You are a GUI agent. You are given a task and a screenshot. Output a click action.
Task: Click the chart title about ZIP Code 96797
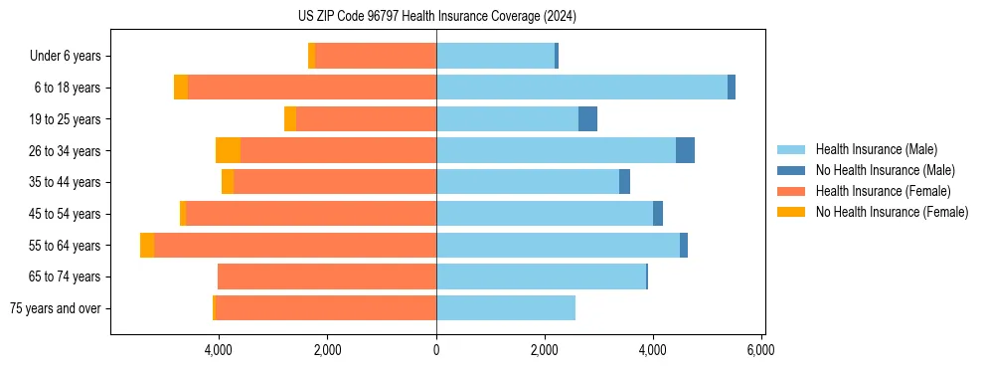click(x=436, y=17)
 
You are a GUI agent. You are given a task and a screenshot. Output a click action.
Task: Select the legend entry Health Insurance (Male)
click(x=876, y=149)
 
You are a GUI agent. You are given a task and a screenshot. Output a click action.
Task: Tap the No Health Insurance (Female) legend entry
click(x=892, y=212)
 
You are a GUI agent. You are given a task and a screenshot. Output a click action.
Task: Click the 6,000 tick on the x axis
click(x=760, y=350)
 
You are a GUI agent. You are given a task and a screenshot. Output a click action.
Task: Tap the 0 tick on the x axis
click(x=436, y=350)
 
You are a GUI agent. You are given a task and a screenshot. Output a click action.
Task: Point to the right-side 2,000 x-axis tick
click(x=544, y=350)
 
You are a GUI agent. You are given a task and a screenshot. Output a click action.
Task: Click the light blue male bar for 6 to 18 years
click(x=581, y=88)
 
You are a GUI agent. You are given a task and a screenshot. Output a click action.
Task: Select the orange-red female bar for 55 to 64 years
click(x=295, y=246)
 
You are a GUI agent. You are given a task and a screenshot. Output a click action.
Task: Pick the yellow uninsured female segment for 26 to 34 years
click(x=228, y=151)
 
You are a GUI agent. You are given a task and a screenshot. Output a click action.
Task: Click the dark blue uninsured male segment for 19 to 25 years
click(x=587, y=119)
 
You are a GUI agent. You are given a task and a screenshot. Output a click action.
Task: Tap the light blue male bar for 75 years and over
click(x=505, y=308)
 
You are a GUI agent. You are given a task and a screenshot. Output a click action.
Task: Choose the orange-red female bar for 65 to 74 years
click(x=327, y=276)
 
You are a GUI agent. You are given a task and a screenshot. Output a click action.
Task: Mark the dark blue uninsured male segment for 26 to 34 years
click(x=685, y=151)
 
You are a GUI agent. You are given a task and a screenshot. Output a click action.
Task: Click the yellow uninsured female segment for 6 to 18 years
click(x=181, y=88)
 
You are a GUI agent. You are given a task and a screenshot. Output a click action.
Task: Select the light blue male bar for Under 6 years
click(x=495, y=57)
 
